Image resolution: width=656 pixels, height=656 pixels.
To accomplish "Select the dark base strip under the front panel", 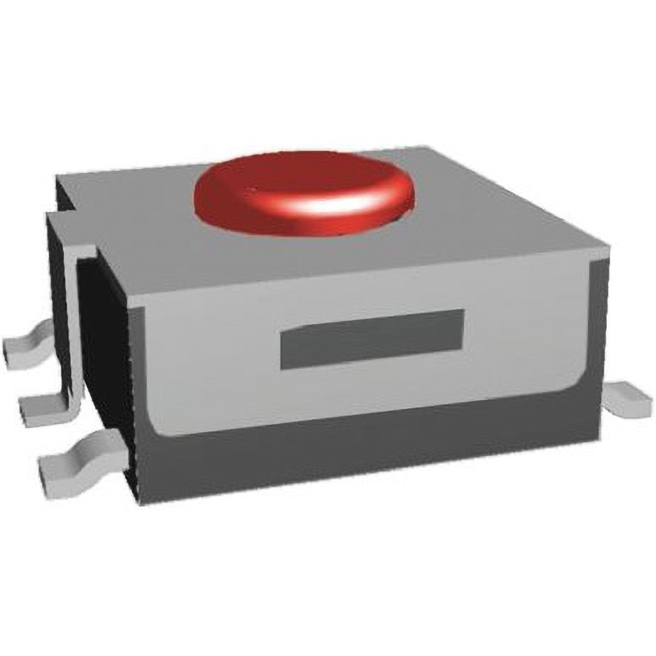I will (369, 455).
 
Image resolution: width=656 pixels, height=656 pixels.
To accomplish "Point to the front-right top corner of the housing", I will (605, 247).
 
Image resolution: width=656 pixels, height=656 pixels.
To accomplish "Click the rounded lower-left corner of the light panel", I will (152, 426).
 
